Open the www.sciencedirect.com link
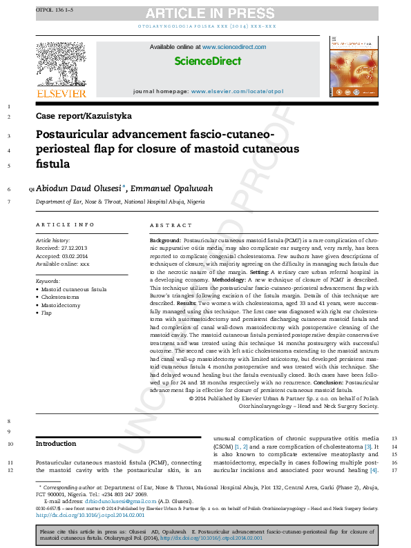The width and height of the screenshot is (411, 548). click(x=234, y=46)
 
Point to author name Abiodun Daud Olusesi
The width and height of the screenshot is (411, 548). click(x=79, y=188)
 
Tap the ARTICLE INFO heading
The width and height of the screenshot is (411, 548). click(x=65, y=225)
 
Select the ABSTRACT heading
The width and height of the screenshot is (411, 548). click(x=171, y=225)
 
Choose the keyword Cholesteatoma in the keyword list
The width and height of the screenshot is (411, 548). click(x=60, y=297)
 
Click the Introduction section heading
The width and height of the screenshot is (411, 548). click(x=56, y=444)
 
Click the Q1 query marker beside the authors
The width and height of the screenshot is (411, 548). click(x=30, y=189)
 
